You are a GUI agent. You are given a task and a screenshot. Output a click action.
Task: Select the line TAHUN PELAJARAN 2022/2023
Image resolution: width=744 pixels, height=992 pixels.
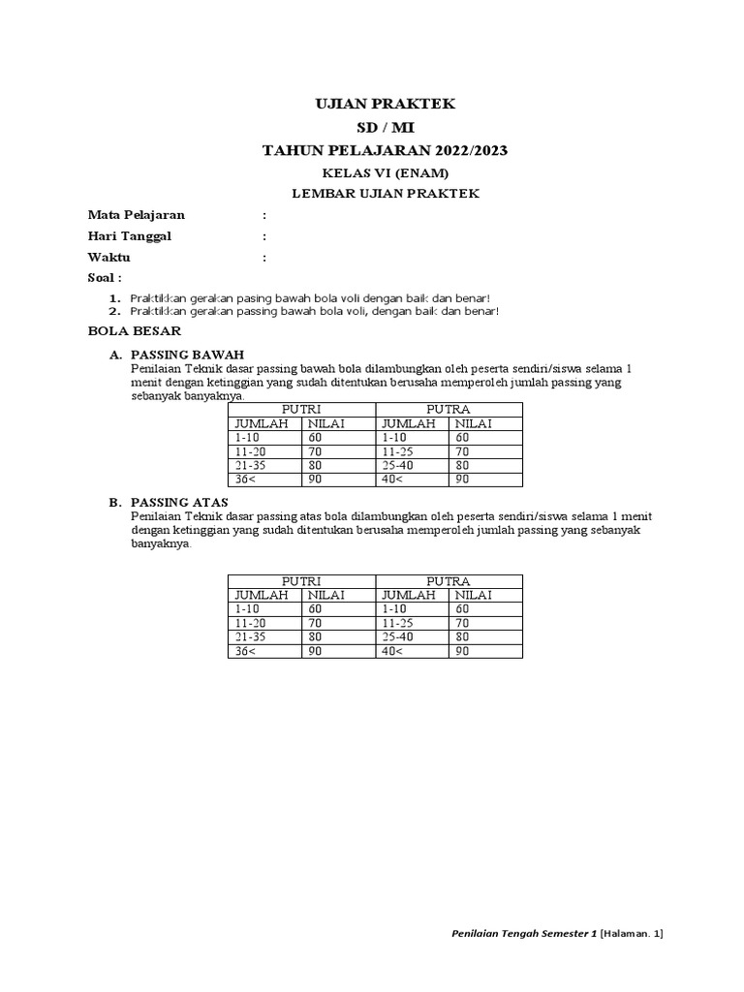[x=386, y=150]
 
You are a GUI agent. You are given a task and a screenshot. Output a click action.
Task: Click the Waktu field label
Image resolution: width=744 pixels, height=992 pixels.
[x=108, y=257]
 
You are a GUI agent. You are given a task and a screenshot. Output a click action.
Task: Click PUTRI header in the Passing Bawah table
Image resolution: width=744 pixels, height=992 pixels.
[x=300, y=410]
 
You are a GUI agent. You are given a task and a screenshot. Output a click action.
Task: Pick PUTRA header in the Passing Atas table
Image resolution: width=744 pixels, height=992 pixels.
[x=449, y=581]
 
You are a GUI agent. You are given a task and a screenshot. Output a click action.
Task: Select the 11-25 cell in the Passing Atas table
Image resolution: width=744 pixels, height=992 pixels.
[x=398, y=623]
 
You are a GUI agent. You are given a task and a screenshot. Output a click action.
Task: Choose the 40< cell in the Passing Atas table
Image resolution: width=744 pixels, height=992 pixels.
[x=391, y=651]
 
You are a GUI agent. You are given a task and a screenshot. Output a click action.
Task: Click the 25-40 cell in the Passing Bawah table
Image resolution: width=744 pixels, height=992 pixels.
[x=399, y=465]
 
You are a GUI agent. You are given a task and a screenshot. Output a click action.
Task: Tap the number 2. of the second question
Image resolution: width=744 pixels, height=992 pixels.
[x=114, y=311]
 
